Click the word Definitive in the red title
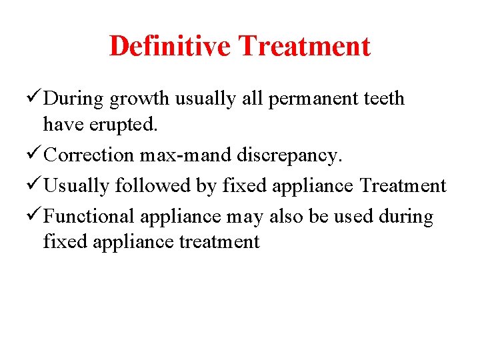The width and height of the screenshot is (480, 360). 169,46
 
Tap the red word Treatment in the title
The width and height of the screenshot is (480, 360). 304,46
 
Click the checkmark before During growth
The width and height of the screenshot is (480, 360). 34,98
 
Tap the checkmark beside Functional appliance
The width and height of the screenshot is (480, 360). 34,216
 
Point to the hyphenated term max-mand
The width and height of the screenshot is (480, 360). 187,155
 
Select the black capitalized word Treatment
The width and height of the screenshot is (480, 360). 401,185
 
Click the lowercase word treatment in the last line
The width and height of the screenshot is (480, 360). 219,241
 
